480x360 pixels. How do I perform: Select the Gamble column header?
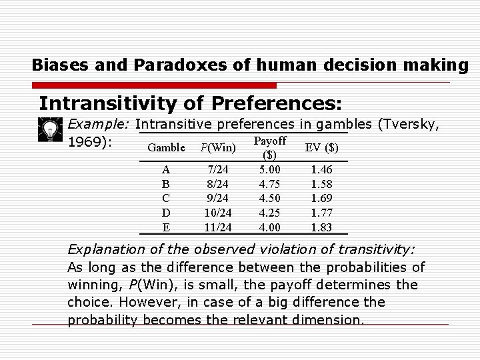click(166, 147)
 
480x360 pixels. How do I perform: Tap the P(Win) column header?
click(218, 147)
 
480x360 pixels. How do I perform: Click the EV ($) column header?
click(321, 147)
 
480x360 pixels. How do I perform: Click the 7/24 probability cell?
click(219, 170)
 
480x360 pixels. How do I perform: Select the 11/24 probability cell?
click(219, 227)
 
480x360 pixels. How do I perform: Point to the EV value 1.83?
click(321, 227)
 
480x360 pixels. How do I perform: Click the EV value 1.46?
click(321, 170)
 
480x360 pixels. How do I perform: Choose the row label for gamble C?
click(166, 198)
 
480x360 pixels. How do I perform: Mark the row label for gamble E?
click(166, 227)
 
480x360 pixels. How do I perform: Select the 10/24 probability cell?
click(219, 213)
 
